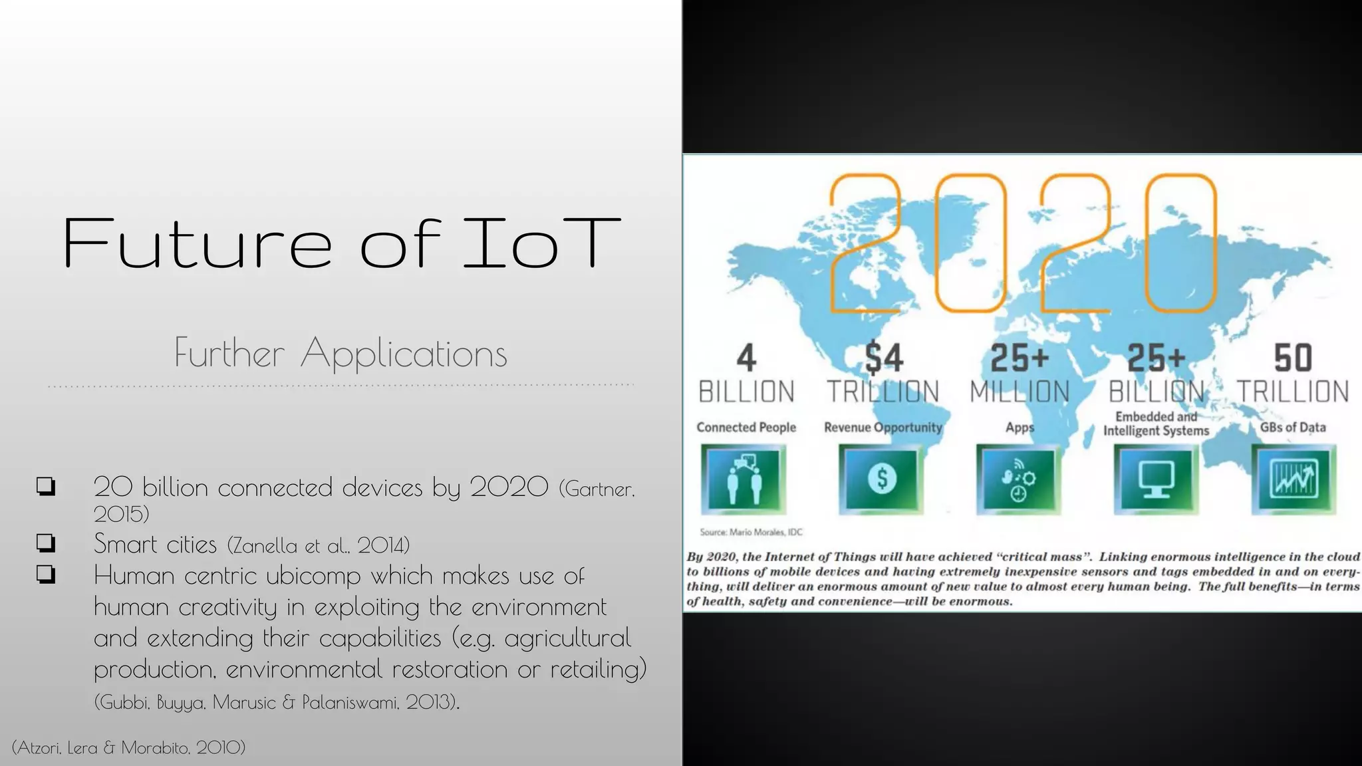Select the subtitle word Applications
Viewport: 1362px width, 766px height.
pos(404,353)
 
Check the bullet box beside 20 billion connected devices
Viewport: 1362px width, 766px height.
pos(46,487)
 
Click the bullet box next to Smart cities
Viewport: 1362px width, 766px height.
pos(46,543)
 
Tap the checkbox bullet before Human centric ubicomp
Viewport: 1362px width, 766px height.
pos(46,574)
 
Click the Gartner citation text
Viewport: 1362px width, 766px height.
pos(597,489)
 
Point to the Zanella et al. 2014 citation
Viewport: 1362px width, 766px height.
pos(319,545)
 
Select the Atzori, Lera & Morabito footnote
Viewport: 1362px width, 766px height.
pos(128,747)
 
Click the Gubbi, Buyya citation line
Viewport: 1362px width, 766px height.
pos(277,702)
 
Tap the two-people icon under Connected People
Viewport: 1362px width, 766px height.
pos(744,479)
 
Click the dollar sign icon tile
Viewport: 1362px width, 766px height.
pos(882,479)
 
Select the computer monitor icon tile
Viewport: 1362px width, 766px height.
pos(1156,479)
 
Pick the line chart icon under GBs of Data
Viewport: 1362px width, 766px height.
pos(1293,479)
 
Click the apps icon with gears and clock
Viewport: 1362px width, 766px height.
pos(1019,479)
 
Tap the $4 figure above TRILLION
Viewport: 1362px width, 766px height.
pos(883,358)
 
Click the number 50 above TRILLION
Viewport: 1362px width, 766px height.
pos(1292,358)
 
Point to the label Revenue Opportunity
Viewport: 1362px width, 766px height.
pos(883,428)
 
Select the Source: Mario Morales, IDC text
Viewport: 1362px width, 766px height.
pos(751,532)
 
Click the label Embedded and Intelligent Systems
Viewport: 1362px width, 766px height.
pos(1156,424)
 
